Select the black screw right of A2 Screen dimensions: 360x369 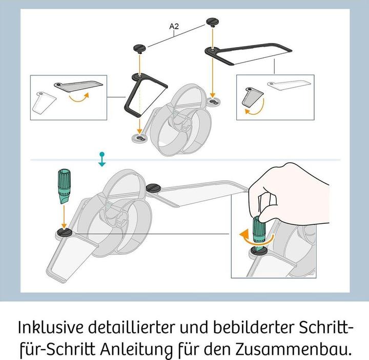point(212,21)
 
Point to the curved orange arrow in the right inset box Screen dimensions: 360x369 point(252,109)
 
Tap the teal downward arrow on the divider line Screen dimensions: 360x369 point(102,159)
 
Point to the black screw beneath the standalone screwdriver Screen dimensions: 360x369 point(64,233)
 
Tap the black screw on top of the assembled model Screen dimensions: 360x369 point(154,188)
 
